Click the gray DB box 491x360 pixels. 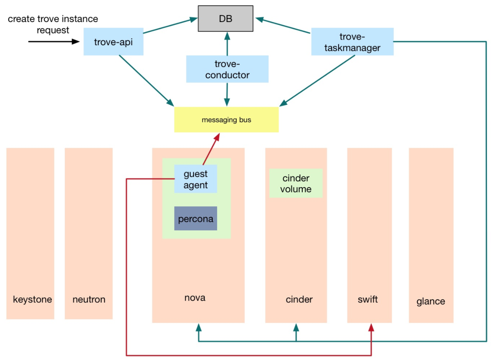click(225, 19)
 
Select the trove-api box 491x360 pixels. click(113, 41)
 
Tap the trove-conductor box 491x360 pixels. click(227, 69)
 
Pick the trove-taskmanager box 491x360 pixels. click(352, 42)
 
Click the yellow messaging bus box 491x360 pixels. click(226, 120)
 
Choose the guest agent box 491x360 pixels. click(195, 179)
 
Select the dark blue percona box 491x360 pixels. click(195, 219)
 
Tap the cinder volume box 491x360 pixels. click(296, 183)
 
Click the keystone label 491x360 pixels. click(33, 300)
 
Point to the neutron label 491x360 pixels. click(89, 300)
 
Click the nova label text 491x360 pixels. click(195, 298)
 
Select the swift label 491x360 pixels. click(368, 300)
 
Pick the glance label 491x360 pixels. click(431, 302)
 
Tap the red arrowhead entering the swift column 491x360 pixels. click(371, 328)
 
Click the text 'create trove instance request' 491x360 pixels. click(53, 24)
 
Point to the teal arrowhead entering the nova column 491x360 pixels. click(198, 328)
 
